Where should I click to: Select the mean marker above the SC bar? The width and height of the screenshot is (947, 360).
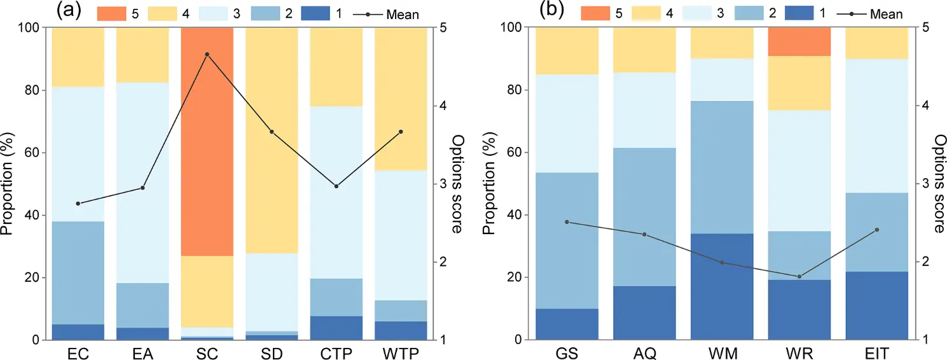click(x=207, y=55)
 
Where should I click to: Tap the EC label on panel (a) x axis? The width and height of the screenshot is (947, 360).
click(x=78, y=352)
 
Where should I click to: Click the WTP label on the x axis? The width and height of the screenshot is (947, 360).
click(x=400, y=352)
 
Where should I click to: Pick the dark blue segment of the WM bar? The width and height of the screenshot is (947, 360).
click(x=722, y=286)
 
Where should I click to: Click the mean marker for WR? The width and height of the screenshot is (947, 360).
click(x=799, y=277)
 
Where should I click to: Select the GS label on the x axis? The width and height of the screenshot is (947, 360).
click(x=567, y=352)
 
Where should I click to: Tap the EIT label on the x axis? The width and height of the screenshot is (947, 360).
click(x=876, y=352)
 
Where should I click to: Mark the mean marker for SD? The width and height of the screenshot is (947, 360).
click(x=272, y=132)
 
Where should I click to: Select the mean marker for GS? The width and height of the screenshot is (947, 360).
click(x=567, y=222)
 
